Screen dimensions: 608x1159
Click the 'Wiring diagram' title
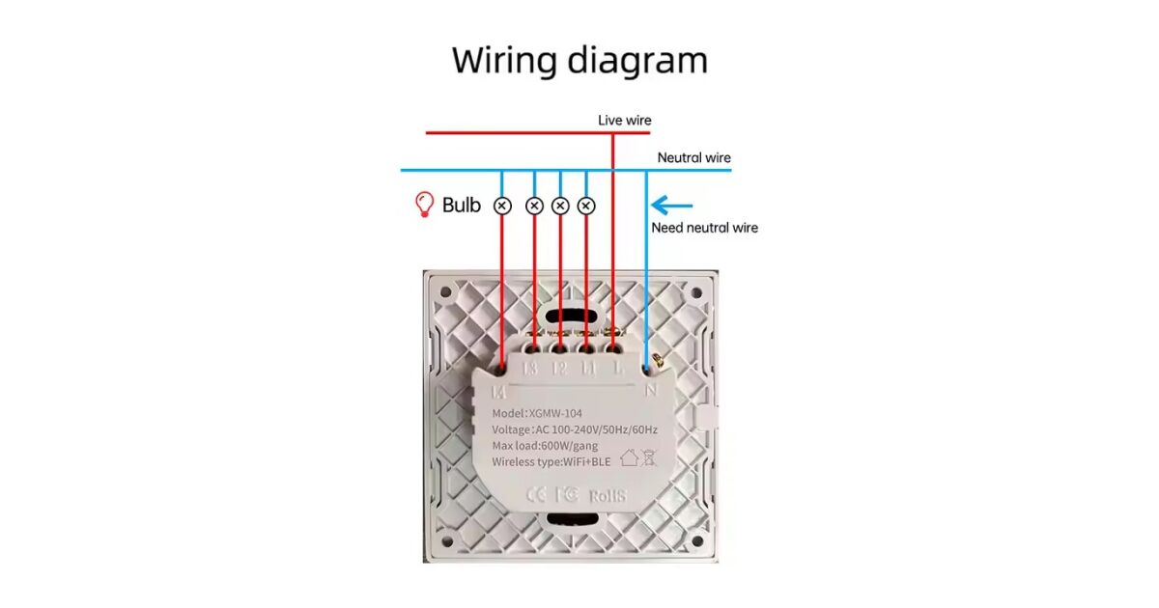click(579, 60)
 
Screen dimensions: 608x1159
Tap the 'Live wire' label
click(624, 121)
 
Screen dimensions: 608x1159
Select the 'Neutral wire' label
click(693, 157)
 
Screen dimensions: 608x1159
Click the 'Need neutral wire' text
click(704, 228)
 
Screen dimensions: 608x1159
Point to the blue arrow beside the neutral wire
click(672, 205)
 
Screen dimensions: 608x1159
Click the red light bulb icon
click(423, 204)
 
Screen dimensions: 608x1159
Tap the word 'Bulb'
click(461, 205)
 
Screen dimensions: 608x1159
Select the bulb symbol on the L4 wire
click(501, 206)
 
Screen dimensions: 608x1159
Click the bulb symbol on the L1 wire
click(586, 206)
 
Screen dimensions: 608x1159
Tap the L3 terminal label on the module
click(529, 368)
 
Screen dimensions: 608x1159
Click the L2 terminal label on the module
click(558, 368)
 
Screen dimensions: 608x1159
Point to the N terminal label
click(651, 390)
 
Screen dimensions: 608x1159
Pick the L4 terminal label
click(499, 391)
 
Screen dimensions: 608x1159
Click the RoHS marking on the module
click(605, 494)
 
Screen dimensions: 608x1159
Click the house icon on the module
click(629, 458)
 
